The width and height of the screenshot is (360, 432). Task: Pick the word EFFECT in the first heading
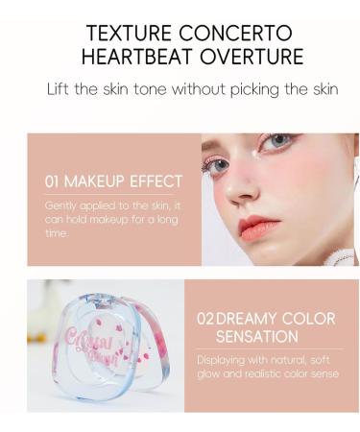click(x=159, y=180)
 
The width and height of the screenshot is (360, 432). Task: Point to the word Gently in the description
click(x=60, y=205)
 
